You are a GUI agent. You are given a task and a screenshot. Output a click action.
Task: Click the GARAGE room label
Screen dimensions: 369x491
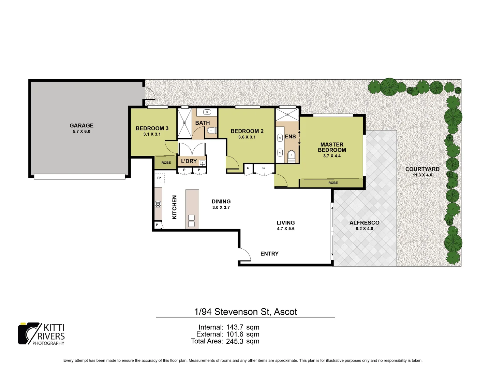[81, 125]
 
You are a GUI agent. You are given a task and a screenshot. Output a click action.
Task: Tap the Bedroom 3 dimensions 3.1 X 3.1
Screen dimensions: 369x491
[152, 134]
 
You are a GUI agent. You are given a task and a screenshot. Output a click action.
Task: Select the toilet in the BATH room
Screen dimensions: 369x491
[211, 130]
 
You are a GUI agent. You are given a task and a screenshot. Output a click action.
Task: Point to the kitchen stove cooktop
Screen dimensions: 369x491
[158, 204]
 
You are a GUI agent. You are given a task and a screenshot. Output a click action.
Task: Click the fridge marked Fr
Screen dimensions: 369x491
[159, 178]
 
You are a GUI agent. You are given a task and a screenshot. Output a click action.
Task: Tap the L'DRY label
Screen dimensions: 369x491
[189, 161]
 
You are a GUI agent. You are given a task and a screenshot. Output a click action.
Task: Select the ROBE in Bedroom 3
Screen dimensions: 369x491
[166, 163]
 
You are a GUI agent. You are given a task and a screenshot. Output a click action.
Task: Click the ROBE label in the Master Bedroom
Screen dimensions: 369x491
[333, 183]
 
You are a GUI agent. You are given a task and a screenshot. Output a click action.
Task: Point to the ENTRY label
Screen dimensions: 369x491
[269, 254]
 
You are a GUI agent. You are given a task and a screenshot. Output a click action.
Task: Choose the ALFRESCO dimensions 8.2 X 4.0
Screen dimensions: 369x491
[364, 229]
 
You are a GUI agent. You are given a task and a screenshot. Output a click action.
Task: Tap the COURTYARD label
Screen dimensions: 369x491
[422, 169]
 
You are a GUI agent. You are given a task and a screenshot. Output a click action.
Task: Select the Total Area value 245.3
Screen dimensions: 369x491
[235, 341]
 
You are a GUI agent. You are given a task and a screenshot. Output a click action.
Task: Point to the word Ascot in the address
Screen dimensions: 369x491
[285, 312]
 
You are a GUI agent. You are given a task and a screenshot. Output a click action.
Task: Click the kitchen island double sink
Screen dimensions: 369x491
[191, 221]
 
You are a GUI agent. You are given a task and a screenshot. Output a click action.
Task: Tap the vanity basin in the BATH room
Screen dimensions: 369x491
[207, 112]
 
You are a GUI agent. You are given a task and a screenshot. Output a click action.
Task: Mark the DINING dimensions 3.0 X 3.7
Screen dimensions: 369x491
[221, 207]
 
